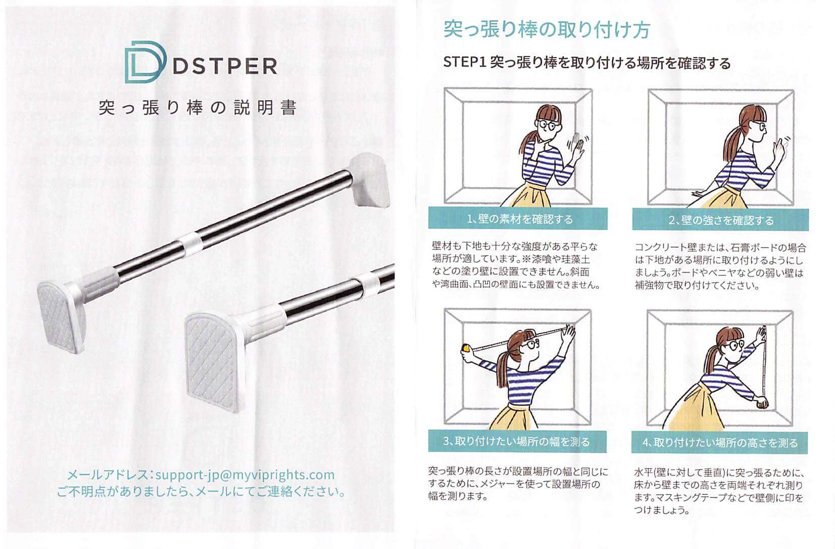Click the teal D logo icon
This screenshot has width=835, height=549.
[x=145, y=62]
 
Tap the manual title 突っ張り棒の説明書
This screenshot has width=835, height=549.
[x=198, y=107]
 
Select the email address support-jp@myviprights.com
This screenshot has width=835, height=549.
[x=245, y=475]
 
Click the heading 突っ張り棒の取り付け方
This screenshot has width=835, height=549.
[x=547, y=29]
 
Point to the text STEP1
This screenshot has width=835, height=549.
[x=464, y=62]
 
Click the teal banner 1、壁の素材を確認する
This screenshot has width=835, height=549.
[x=518, y=218]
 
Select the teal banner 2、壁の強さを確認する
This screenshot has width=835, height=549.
[x=720, y=220]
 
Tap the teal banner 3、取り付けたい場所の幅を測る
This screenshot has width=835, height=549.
[x=517, y=442]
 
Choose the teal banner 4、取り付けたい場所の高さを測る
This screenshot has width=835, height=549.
[x=719, y=443]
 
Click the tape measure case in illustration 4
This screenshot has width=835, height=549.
[x=762, y=403]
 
